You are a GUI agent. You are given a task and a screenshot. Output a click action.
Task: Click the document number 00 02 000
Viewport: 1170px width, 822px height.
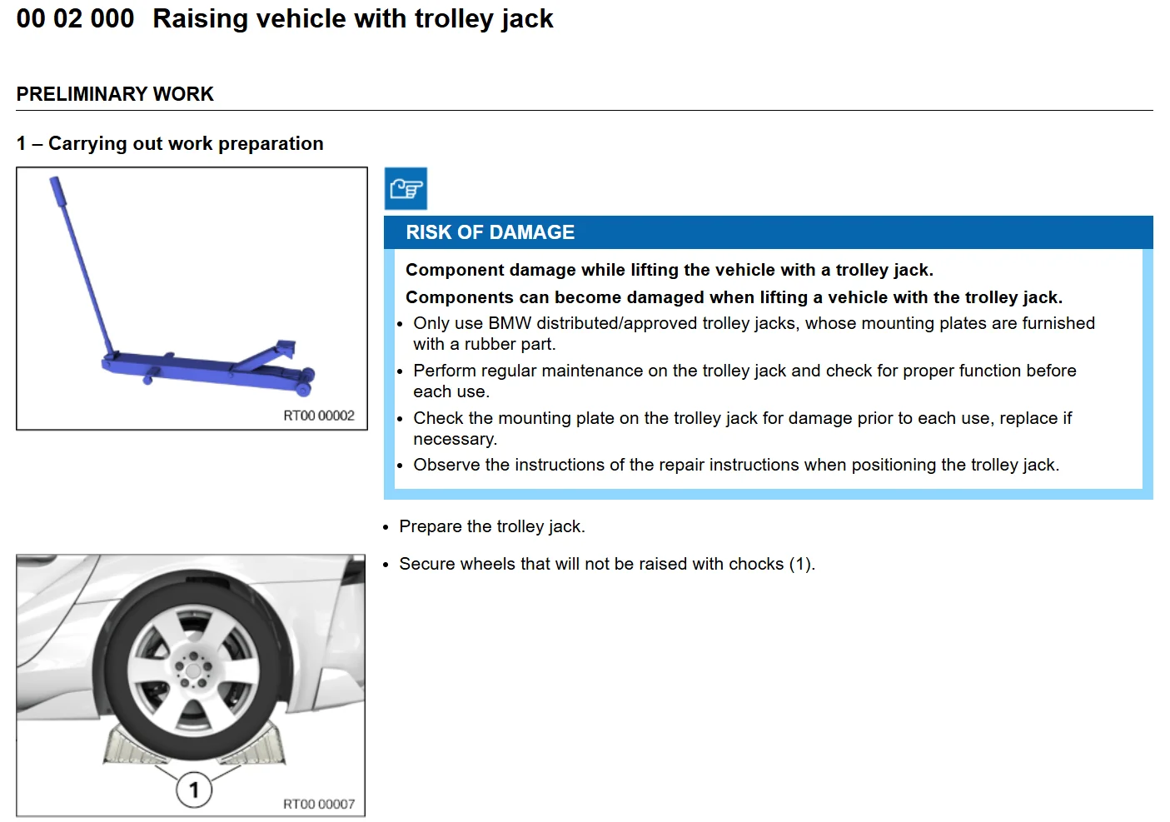point(75,19)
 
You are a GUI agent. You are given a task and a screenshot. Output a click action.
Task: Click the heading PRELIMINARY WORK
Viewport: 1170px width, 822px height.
point(115,94)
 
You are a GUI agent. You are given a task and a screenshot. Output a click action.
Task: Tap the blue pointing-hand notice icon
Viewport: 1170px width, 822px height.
point(406,188)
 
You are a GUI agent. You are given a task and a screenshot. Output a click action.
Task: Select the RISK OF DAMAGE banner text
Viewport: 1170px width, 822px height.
point(490,232)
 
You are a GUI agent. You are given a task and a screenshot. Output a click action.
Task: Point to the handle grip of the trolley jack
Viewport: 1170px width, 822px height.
point(57,191)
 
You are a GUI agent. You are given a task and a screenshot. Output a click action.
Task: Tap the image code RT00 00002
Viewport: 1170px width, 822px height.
point(319,416)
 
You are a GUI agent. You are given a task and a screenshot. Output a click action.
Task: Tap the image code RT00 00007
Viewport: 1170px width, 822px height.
point(319,804)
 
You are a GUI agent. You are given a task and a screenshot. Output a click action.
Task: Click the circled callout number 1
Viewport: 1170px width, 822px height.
point(194,790)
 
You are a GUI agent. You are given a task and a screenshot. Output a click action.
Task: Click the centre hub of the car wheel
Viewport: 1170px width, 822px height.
point(193,670)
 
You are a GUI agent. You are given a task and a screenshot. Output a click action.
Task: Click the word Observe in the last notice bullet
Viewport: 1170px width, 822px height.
point(446,465)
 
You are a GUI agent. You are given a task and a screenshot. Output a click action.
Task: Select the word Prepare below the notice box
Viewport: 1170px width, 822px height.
point(431,527)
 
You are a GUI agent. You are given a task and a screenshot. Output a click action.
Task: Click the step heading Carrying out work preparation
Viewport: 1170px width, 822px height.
point(186,143)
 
